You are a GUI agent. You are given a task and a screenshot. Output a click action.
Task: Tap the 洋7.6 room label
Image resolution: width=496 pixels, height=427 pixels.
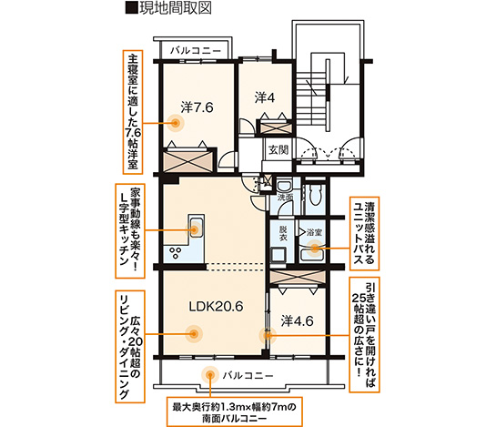point(197,107)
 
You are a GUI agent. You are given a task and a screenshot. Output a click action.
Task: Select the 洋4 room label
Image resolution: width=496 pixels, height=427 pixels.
point(265,97)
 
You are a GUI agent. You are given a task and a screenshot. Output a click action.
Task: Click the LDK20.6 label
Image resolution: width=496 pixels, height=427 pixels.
point(216,306)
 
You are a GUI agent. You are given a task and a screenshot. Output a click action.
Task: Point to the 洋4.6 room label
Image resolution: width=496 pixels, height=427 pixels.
point(297,321)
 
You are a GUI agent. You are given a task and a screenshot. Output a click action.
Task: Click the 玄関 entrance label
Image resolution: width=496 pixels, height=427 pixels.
point(278,149)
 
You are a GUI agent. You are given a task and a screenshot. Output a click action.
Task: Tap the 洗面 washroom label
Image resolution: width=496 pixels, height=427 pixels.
point(286,198)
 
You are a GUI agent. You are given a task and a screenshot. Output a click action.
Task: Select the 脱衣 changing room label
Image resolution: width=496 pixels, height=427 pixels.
point(283,233)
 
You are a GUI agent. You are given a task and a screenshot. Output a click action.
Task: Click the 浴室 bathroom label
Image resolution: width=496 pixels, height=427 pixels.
point(314,233)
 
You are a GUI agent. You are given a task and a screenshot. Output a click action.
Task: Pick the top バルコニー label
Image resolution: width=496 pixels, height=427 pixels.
point(196,51)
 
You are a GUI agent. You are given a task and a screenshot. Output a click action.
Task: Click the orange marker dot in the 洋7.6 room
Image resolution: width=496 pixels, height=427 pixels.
point(176,123)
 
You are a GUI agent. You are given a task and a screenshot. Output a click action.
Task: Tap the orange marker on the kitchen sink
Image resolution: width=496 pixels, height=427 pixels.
point(194,229)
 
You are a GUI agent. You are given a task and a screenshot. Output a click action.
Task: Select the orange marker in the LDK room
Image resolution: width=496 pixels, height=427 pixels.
point(194,333)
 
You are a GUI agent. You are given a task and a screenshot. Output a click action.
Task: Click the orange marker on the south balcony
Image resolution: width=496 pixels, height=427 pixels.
point(209,375)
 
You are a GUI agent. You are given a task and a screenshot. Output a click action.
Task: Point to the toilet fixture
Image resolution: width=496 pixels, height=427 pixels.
point(315,193)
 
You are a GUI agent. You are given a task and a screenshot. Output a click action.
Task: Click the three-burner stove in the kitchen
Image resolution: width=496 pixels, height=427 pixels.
point(176,252)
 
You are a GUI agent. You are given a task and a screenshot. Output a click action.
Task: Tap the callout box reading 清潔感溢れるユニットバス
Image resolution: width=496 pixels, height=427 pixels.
point(364,234)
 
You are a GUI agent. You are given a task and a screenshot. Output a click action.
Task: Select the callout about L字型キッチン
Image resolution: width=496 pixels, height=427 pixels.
point(130,231)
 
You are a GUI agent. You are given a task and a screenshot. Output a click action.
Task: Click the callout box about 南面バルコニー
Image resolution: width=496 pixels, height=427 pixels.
point(235,412)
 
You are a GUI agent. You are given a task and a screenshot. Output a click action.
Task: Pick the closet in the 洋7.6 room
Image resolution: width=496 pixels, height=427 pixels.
point(187,160)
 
